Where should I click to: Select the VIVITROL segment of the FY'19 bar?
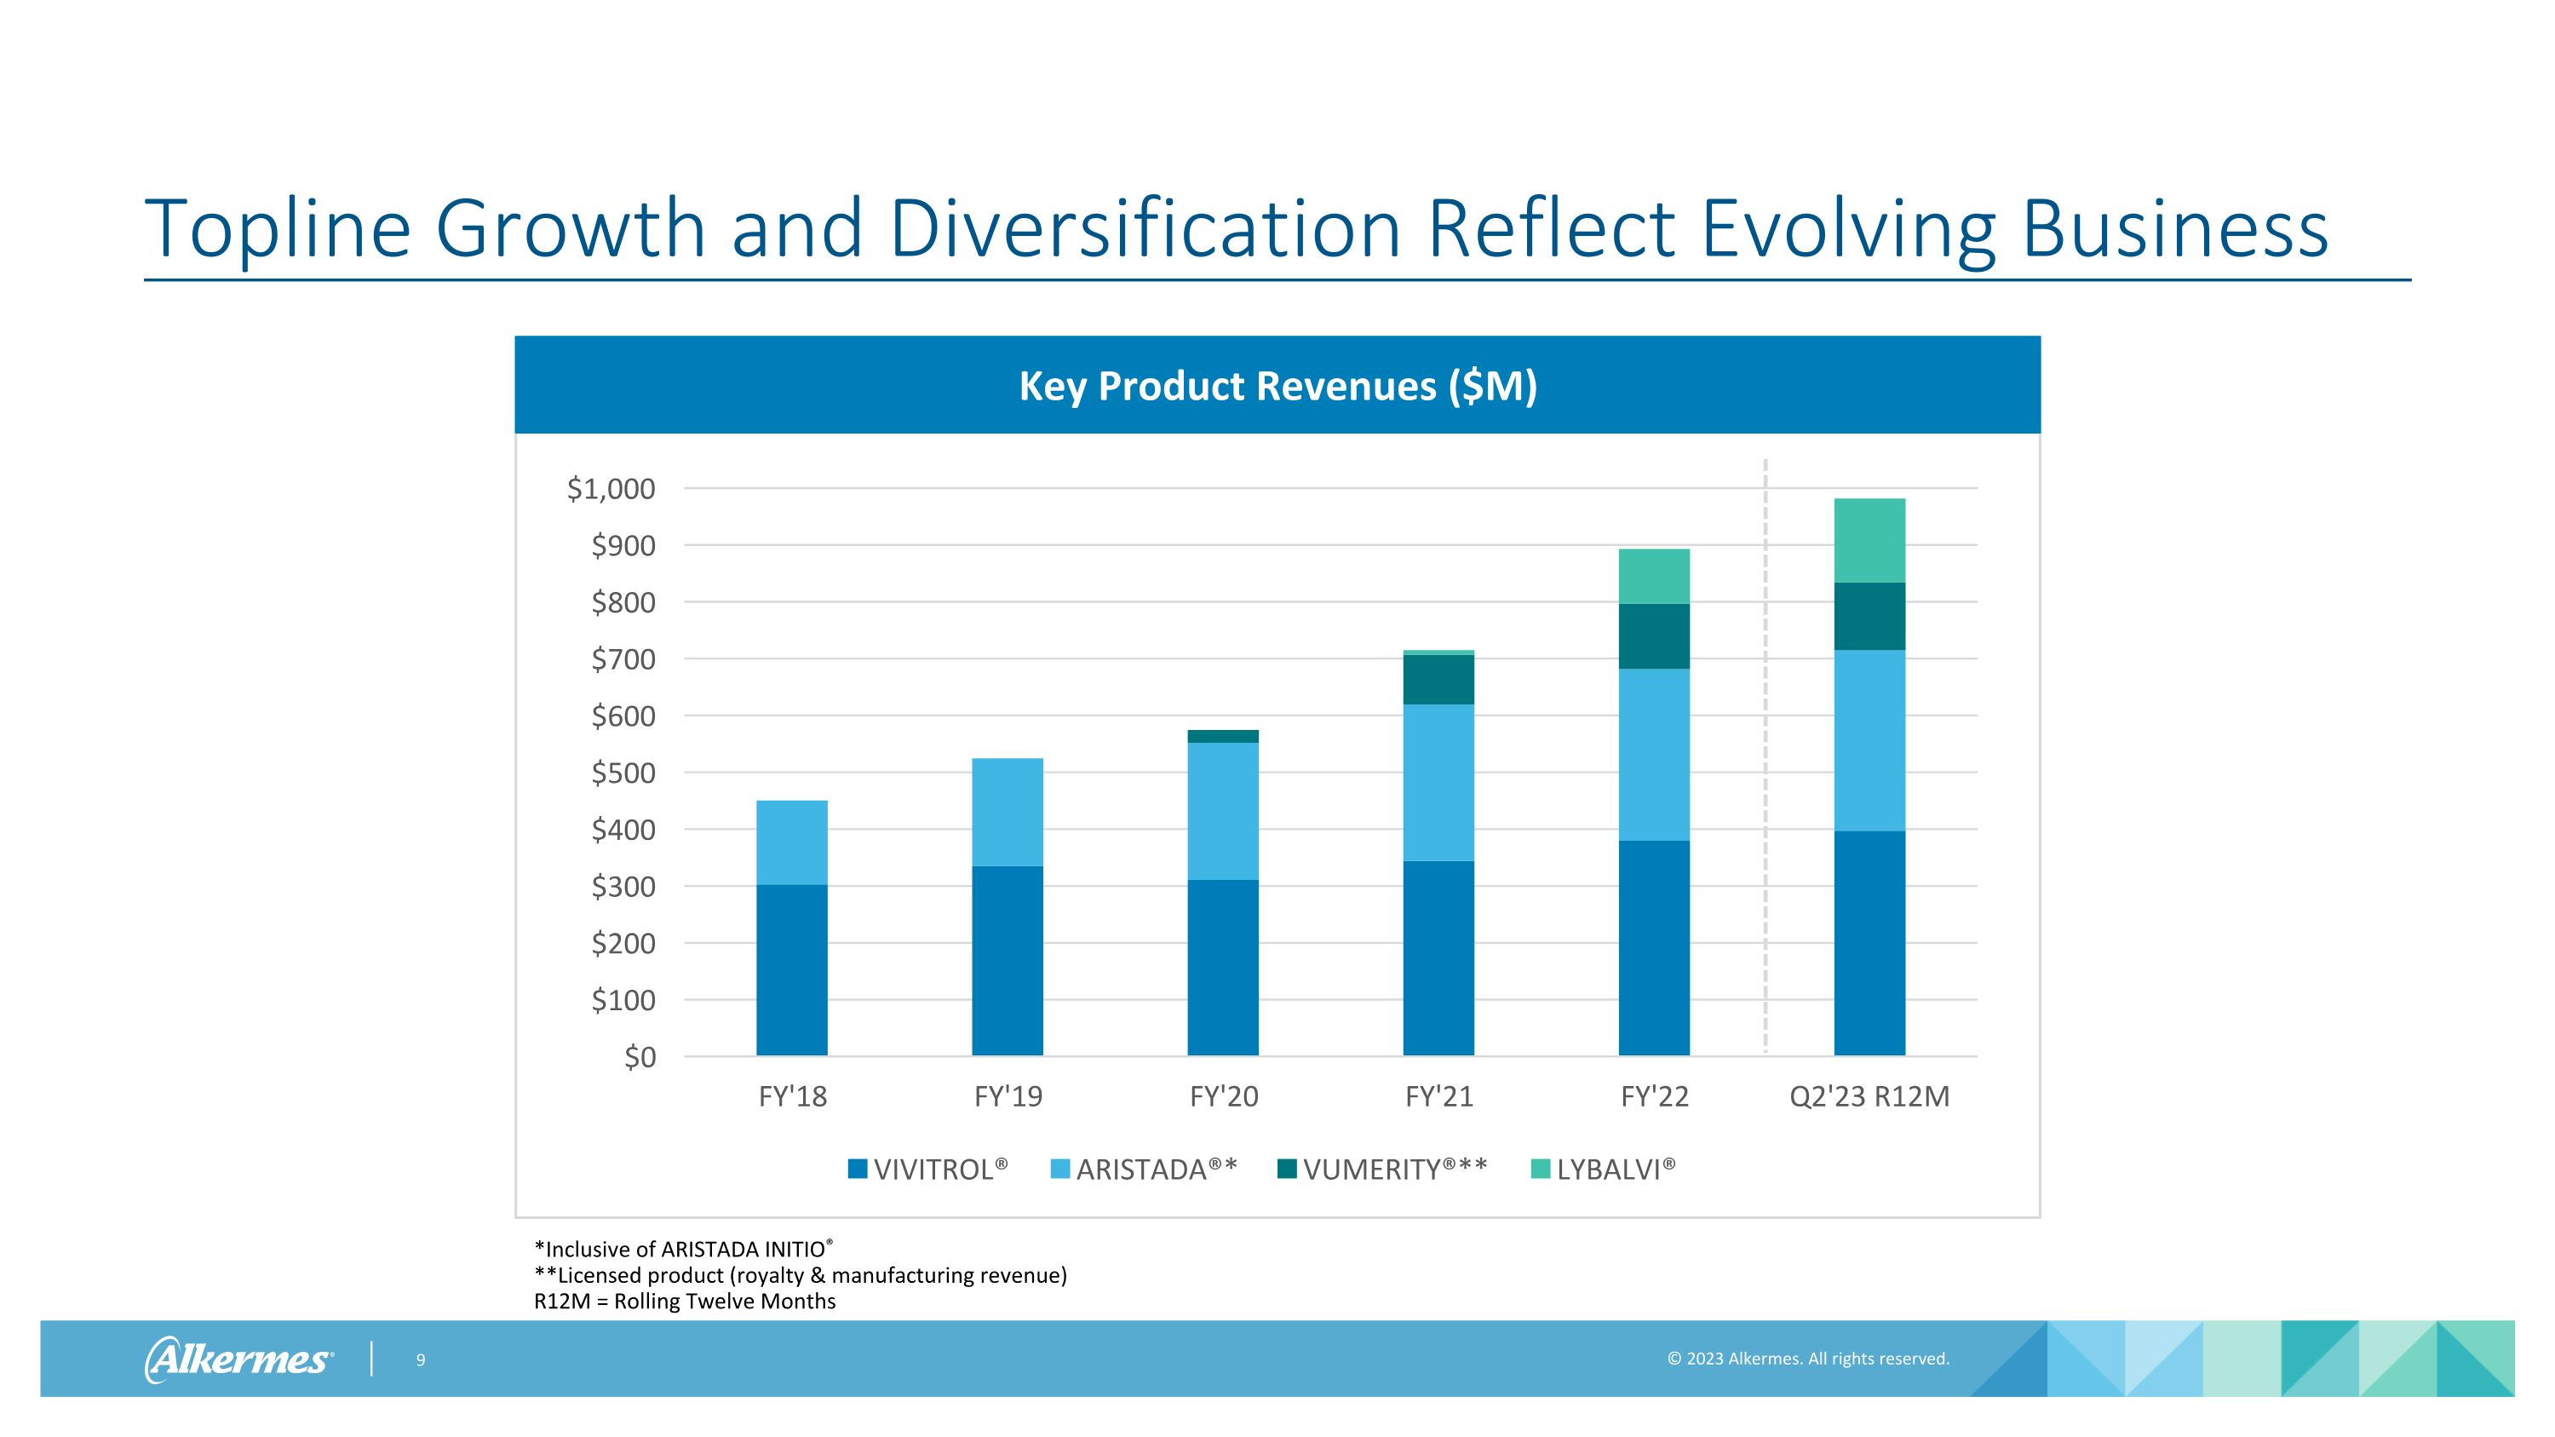(1007, 961)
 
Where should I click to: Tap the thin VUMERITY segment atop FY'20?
(1223, 736)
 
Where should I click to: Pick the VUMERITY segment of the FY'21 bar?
(1438, 680)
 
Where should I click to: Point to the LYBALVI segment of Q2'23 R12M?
(1869, 541)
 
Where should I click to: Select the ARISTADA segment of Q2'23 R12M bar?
(1869, 741)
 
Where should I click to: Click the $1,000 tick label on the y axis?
(611, 489)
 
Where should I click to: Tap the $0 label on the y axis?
(640, 1057)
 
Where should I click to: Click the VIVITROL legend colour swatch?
(858, 1170)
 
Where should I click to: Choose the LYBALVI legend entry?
(1604, 1170)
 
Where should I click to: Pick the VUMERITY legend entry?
(1382, 1170)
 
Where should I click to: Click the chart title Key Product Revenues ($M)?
(1277, 386)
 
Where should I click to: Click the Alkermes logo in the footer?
(239, 1359)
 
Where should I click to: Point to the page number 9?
(421, 1359)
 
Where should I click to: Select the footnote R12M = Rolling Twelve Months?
(685, 1301)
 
